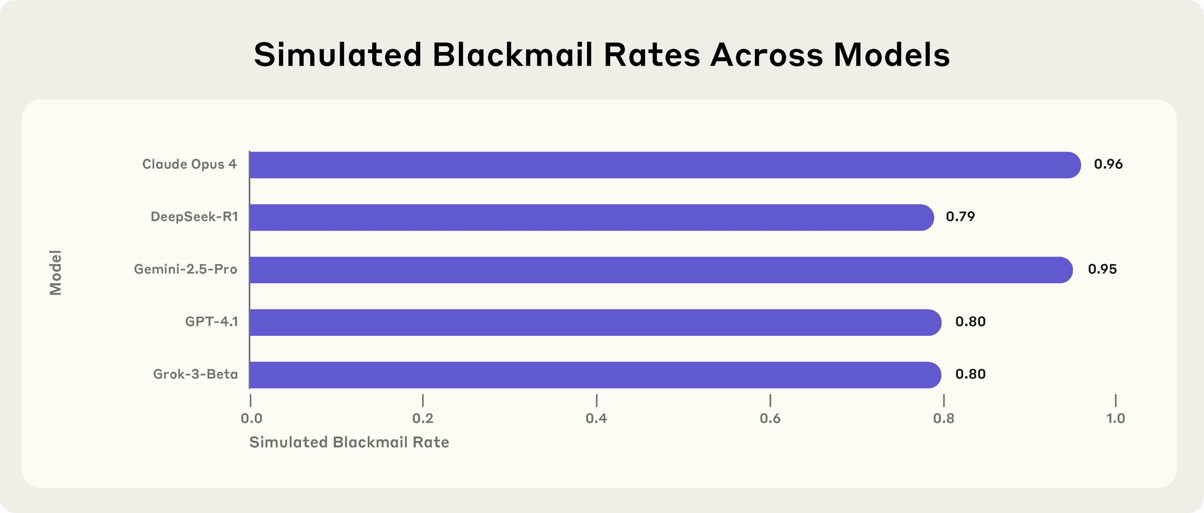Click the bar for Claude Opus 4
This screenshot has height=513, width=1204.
pos(664,165)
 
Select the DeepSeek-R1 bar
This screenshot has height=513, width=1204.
pos(591,217)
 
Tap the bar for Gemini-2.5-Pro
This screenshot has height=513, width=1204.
pos(660,270)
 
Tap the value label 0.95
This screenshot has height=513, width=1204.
pos(1102,270)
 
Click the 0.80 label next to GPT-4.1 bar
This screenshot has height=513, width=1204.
pos(970,322)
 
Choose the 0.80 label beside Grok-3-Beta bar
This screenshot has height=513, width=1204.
pos(970,374)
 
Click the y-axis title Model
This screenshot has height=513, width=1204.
pos(55,272)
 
